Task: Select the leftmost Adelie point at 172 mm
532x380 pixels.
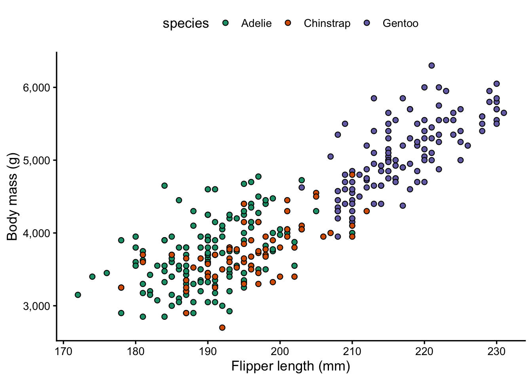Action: tap(78, 295)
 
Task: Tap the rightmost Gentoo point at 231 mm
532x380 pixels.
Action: tap(504, 113)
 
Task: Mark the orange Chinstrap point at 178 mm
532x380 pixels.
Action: tap(121, 287)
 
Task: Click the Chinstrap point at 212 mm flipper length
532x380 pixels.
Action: tap(367, 211)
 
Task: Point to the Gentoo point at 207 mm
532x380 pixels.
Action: tap(331, 156)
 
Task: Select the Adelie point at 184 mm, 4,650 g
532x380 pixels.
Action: tap(165, 186)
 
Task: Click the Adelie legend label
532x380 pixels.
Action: tap(256, 23)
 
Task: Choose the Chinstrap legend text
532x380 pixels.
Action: tap(327, 23)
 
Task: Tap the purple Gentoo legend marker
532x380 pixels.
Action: tap(367, 23)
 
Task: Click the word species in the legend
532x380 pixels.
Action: tap(186, 23)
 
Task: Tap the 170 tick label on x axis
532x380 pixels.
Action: tap(63, 351)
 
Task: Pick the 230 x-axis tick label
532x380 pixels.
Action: tap(497, 351)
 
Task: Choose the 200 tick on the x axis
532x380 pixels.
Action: tap(280, 351)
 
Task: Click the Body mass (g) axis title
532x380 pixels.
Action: tap(12, 196)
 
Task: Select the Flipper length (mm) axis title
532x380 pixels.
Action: tap(291, 367)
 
